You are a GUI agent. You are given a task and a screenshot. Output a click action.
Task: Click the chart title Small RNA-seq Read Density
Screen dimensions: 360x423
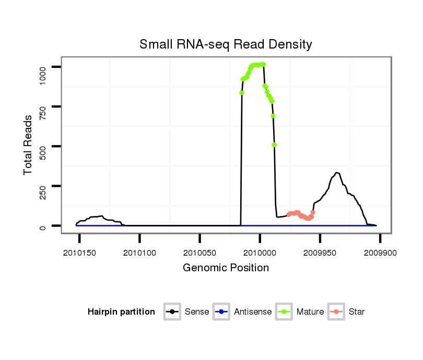point(226,44)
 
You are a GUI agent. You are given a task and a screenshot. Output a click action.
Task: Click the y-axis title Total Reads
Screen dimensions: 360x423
point(28,145)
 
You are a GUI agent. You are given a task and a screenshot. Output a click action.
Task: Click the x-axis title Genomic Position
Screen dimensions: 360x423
point(226,268)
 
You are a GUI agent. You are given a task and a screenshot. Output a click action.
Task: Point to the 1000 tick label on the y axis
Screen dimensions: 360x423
point(43,67)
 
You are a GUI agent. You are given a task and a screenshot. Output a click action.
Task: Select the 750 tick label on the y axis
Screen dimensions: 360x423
point(43,106)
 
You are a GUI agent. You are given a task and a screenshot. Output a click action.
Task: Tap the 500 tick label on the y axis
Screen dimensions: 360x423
point(43,146)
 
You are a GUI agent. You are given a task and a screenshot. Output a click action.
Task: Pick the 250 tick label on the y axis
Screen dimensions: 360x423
point(43,186)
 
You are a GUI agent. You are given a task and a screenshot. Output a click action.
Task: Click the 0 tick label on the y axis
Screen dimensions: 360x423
point(43,226)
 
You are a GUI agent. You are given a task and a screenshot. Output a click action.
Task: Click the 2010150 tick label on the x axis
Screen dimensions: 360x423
point(79,253)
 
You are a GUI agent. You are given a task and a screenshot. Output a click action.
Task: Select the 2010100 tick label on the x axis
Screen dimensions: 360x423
point(139,253)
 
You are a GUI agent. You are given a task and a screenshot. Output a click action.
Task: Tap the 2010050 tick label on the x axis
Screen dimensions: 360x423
point(199,253)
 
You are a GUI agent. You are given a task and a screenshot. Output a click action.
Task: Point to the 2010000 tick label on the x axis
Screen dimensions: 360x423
point(260,253)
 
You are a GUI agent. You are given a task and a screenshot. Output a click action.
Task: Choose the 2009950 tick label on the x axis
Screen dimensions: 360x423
point(320,253)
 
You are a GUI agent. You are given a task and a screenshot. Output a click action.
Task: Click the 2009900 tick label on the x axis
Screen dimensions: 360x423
point(380,253)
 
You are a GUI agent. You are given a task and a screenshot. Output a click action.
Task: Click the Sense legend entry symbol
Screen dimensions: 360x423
point(172,312)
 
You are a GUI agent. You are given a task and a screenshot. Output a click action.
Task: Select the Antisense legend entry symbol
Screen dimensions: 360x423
point(221,312)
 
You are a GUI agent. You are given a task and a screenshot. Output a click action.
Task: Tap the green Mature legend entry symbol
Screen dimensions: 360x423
point(284,312)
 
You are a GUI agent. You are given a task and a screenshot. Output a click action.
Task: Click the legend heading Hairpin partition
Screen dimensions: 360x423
point(121,312)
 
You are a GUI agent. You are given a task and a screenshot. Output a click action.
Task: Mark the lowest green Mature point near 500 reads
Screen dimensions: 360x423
point(274,145)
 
